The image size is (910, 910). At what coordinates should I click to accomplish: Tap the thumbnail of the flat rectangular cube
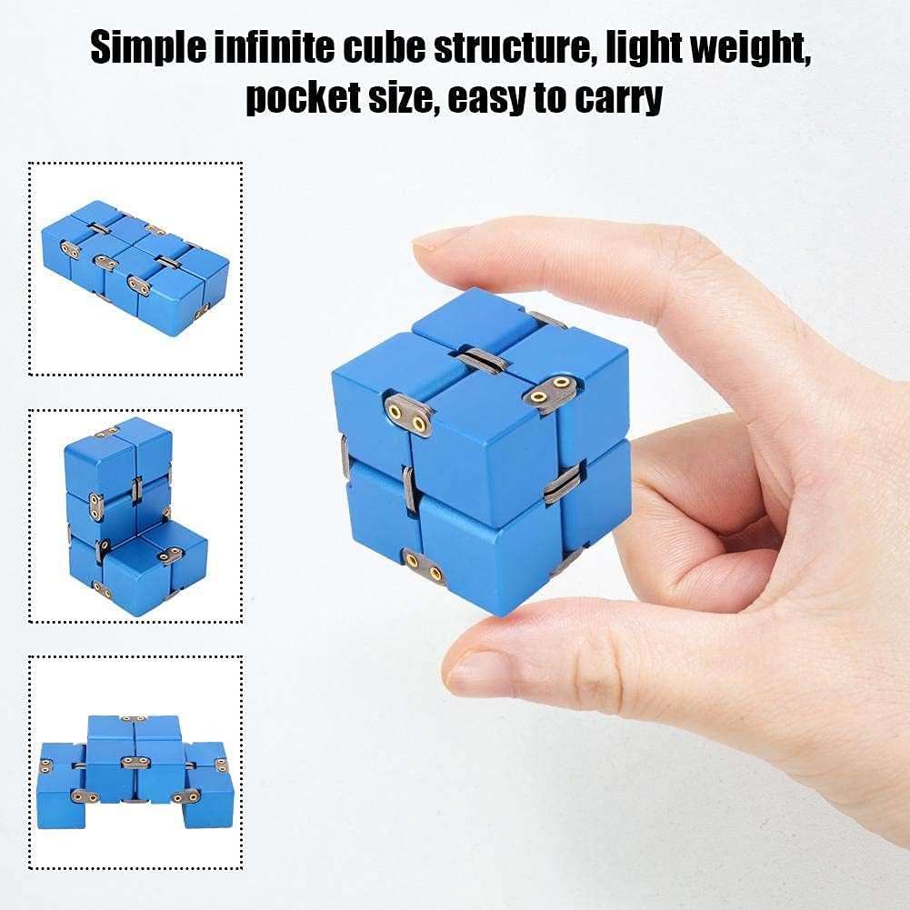pyautogui.click(x=135, y=268)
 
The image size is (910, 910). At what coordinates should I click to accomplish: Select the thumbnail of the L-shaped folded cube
pyautogui.click(x=135, y=515)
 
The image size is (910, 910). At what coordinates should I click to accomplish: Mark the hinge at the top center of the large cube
pyautogui.click(x=484, y=359)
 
